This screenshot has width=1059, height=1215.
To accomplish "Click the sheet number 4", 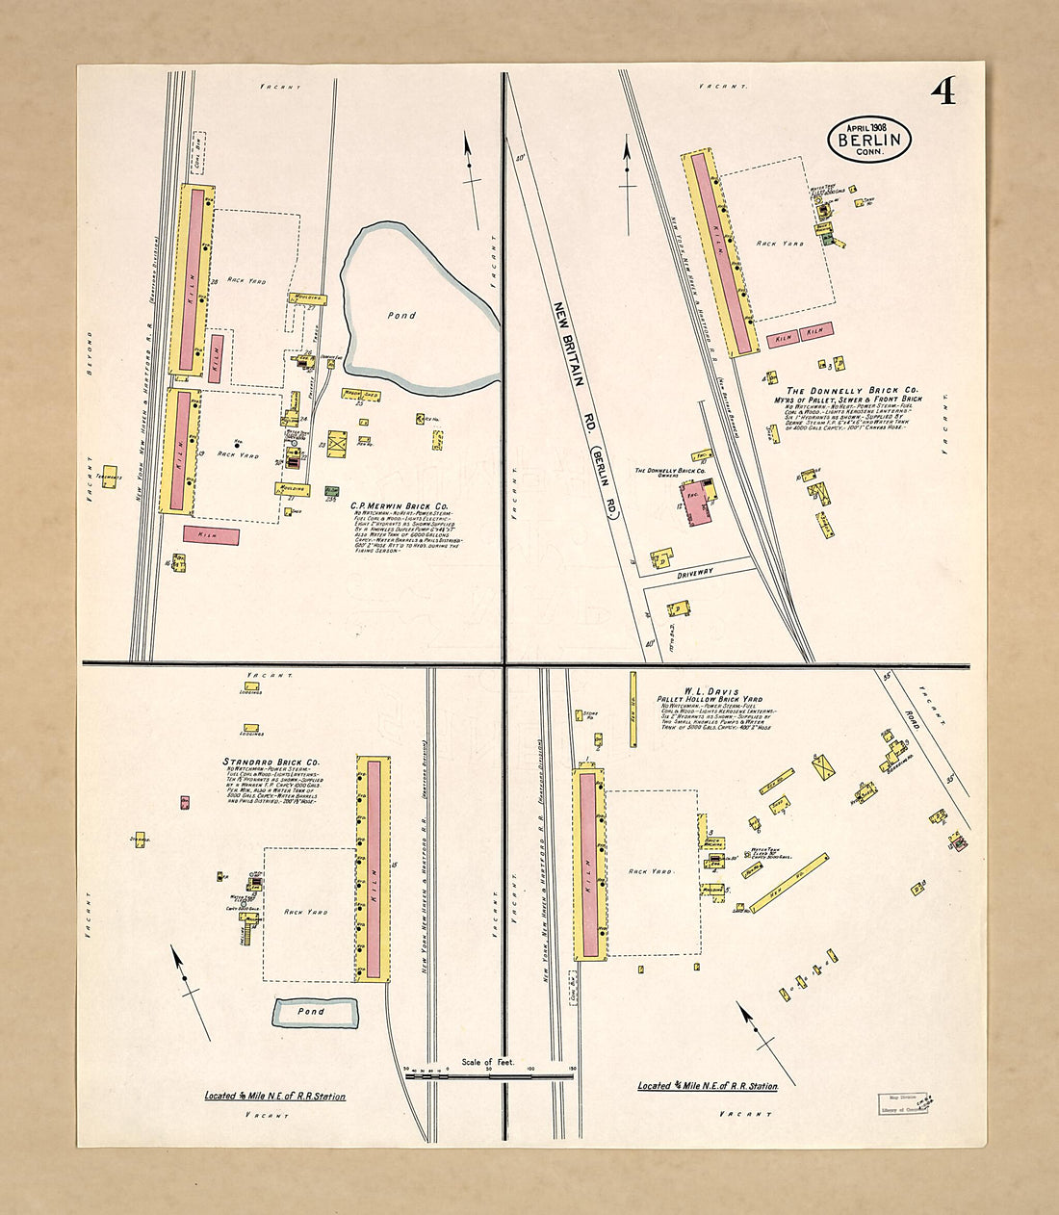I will click(943, 91).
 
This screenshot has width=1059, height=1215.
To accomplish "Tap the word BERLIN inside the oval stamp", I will click(869, 140).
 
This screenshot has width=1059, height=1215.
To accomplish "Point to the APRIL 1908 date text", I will click(866, 126).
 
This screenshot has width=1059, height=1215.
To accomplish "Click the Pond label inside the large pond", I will click(402, 315).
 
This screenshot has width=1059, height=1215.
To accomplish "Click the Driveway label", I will click(695, 572).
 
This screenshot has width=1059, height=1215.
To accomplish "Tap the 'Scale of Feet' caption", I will click(488, 1062).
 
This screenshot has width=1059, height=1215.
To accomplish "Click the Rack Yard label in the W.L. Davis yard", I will click(651, 871).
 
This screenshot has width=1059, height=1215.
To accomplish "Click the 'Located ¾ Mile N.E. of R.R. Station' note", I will click(708, 1086).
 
